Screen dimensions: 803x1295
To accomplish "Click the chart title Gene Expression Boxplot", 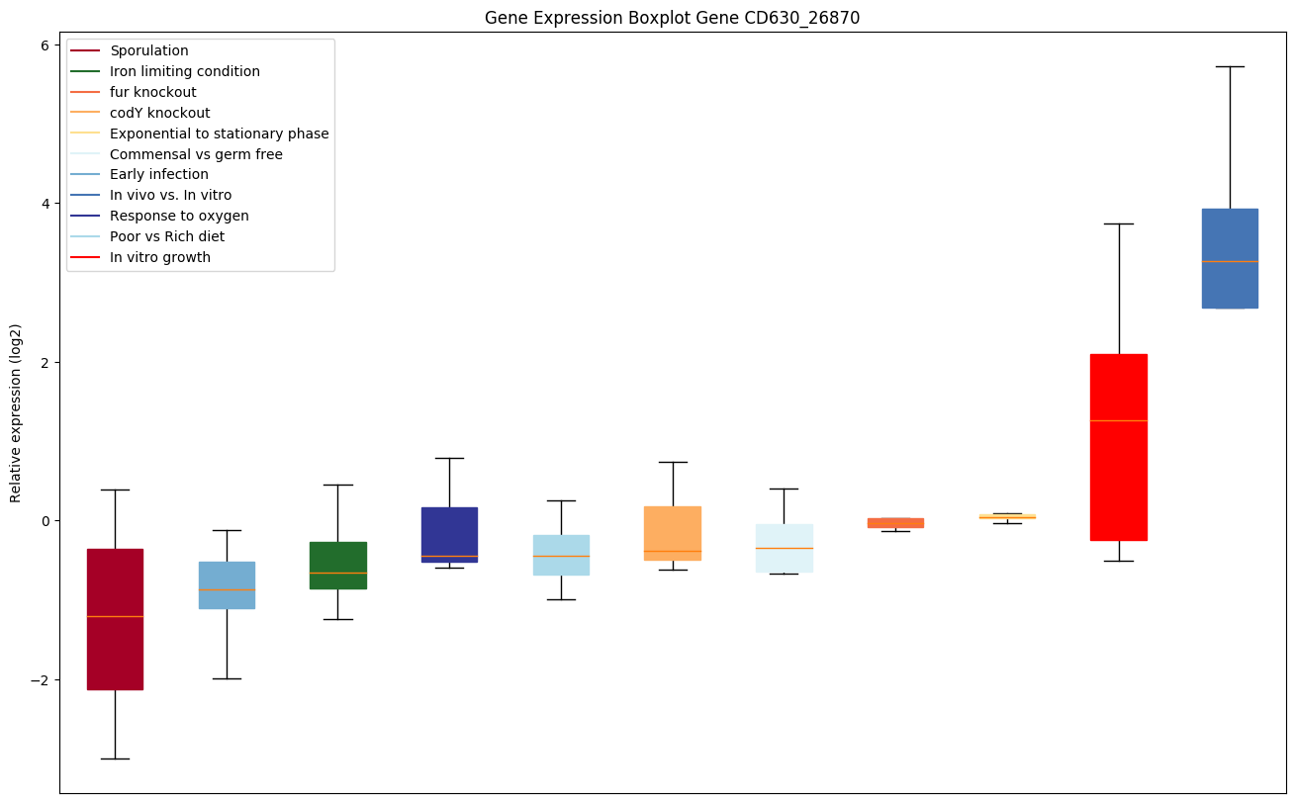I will click(x=672, y=18).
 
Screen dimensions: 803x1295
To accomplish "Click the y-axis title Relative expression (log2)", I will click(x=16, y=412).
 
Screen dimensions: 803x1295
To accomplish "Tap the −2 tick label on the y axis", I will click(x=40, y=680).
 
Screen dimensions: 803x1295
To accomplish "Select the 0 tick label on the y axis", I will click(x=44, y=521).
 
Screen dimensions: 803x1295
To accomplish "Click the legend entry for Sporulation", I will click(x=149, y=50).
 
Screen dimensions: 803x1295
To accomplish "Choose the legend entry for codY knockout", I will click(x=159, y=113).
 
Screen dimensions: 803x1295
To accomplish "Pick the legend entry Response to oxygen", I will click(x=179, y=216).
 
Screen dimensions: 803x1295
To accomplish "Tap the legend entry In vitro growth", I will click(x=160, y=257).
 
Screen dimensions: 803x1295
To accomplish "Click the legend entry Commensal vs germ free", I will click(x=196, y=154).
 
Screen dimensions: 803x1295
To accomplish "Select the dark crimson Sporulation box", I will click(x=115, y=619).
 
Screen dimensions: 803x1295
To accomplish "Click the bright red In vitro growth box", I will click(x=1118, y=447).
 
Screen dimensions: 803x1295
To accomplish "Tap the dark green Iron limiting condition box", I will click(x=337, y=565).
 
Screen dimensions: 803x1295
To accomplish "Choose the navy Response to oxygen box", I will click(x=449, y=534).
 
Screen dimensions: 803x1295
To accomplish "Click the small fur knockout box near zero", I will click(x=895, y=522).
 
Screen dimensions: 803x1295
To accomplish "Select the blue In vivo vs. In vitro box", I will click(x=1230, y=258).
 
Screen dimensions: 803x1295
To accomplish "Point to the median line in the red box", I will click(x=1118, y=420).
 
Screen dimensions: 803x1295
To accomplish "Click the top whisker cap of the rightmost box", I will click(x=1230, y=66).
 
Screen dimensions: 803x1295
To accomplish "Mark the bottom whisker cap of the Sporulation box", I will click(x=115, y=758).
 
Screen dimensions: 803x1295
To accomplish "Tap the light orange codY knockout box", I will click(x=673, y=533).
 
